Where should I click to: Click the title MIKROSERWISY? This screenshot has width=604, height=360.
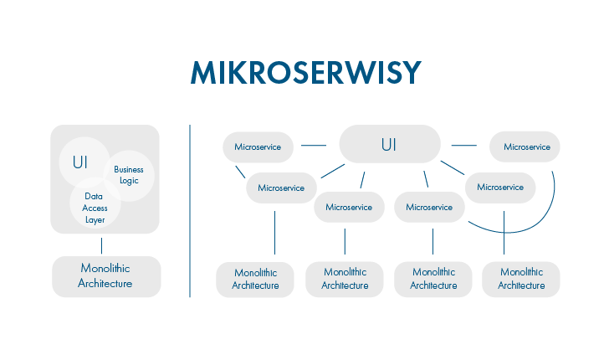point(306,73)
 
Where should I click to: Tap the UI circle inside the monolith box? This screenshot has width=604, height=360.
point(84,162)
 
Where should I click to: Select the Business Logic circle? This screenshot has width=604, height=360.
point(129,176)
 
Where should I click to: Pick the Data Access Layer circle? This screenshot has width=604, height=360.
point(95,203)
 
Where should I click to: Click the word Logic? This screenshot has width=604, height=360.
point(129,181)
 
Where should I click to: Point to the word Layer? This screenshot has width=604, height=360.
point(95,220)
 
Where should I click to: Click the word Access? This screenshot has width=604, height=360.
point(95,208)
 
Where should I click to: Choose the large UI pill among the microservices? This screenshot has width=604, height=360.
point(390,144)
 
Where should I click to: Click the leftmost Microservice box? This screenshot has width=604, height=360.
point(258,147)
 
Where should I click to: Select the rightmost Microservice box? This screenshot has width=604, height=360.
point(525,147)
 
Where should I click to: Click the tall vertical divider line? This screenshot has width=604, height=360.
point(190,211)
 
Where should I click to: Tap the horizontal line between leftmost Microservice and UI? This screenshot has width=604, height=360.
point(314,146)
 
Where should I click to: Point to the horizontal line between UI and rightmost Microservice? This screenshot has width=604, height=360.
point(463,146)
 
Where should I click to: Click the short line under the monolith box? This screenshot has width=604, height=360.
point(102,246)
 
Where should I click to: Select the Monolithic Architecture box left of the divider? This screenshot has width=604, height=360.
point(106,276)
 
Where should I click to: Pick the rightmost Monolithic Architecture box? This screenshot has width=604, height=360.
point(521,279)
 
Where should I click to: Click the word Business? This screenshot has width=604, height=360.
point(129,170)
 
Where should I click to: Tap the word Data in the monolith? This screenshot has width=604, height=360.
point(94,196)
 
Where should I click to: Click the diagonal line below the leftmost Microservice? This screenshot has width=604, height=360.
point(240,172)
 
